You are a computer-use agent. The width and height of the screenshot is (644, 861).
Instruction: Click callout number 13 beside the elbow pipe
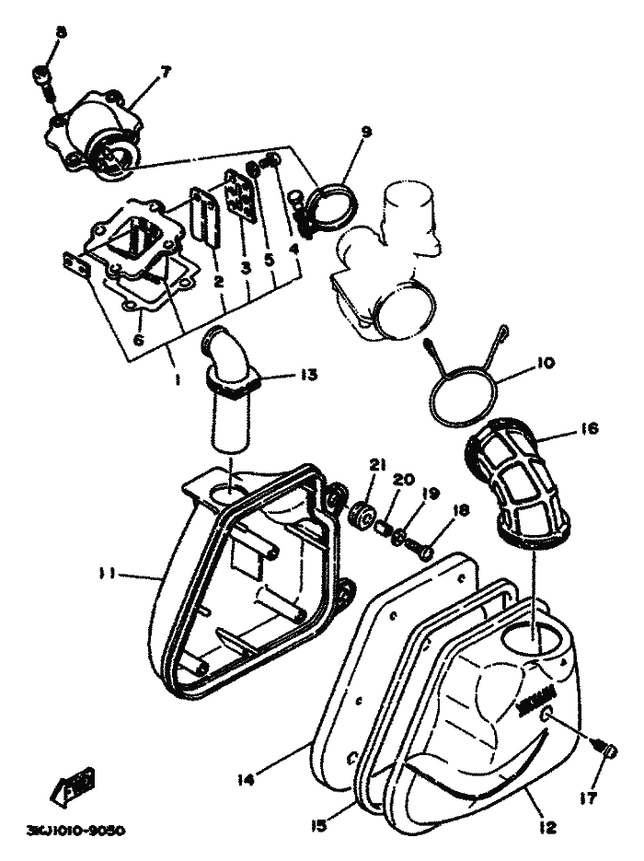307,374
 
